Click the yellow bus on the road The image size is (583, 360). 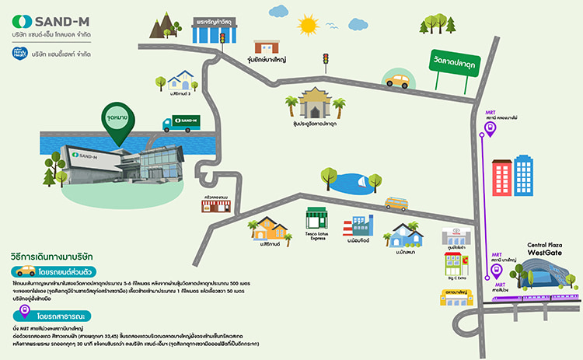click(x=396, y=204)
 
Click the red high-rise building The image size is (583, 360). click(x=501, y=177)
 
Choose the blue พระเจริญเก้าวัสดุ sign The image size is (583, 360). click(x=218, y=17)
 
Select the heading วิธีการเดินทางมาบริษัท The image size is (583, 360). click(x=53, y=255)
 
